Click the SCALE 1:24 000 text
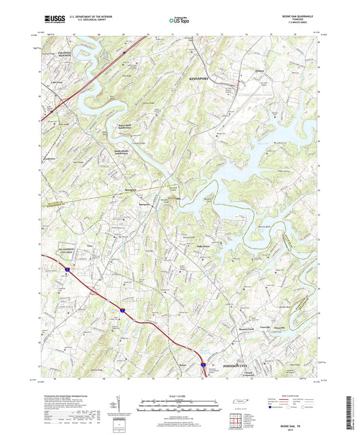(x=180, y=395)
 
